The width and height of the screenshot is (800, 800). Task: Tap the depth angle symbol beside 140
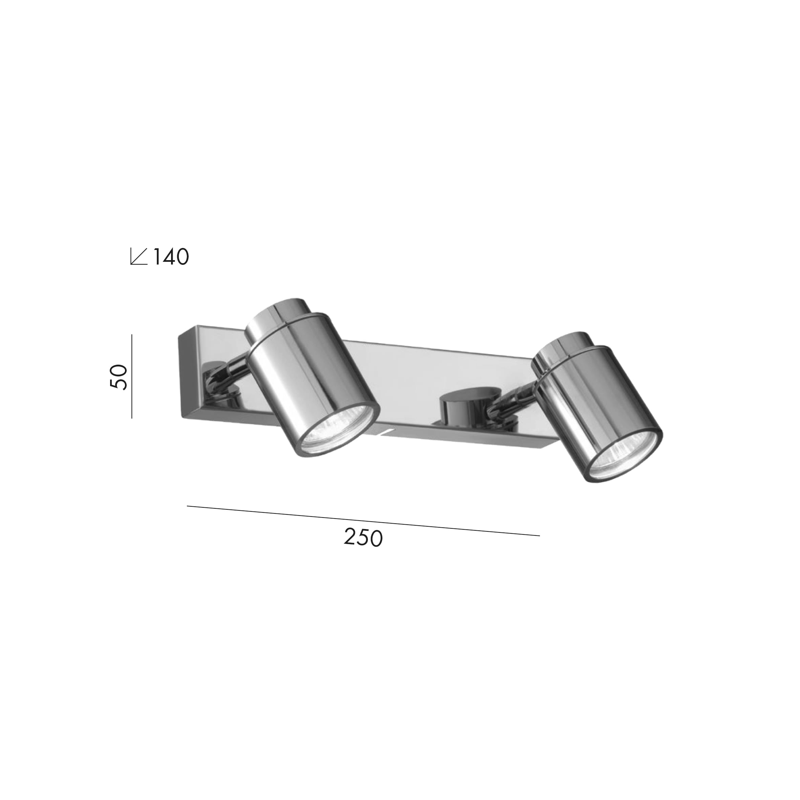tap(139, 256)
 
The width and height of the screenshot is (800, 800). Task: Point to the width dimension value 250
tap(363, 538)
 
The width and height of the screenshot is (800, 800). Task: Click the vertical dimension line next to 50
tap(132, 376)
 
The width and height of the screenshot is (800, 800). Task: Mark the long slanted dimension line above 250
tap(363, 521)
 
